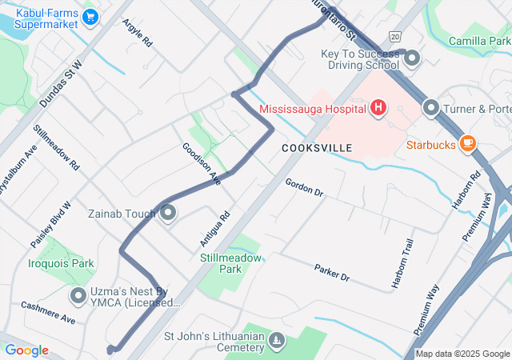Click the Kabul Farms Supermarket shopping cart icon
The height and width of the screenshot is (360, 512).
(90, 16)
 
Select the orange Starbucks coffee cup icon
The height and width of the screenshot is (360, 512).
(467, 144)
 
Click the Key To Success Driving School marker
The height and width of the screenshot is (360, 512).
(413, 58)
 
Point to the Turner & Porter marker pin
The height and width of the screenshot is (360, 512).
(431, 107)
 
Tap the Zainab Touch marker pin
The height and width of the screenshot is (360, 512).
(169, 214)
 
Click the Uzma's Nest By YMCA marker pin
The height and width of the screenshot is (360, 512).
(78, 297)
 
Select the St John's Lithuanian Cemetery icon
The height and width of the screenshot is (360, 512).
(276, 342)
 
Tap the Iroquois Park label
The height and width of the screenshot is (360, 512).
(62, 262)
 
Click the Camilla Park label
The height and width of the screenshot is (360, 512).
(479, 41)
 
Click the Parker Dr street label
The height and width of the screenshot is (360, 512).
(331, 272)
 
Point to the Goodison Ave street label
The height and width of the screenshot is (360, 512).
(201, 164)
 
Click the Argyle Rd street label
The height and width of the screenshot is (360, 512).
(137, 33)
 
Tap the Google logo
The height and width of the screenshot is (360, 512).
(27, 350)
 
